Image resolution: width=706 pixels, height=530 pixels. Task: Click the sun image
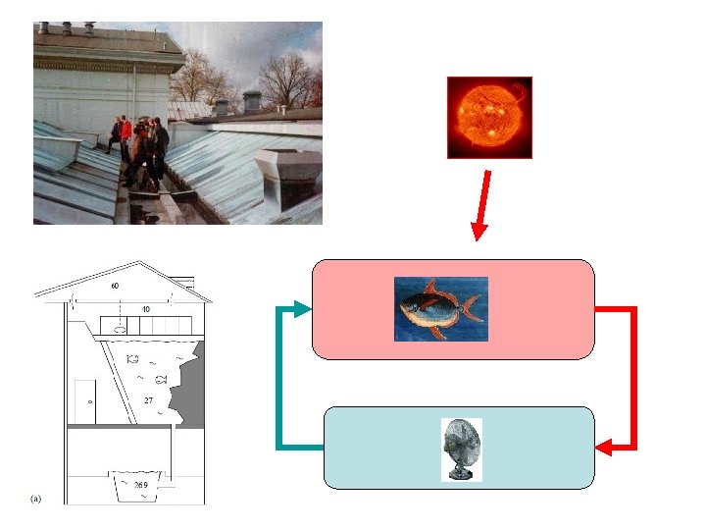click(x=489, y=117)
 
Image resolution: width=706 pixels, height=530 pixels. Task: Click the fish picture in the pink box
click(x=440, y=308)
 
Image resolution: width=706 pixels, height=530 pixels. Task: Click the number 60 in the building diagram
click(x=115, y=286)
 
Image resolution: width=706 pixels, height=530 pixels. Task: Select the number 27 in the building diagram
click(x=148, y=400)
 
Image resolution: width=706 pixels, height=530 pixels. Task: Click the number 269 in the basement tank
click(x=141, y=485)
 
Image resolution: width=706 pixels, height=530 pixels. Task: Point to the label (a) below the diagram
click(x=36, y=499)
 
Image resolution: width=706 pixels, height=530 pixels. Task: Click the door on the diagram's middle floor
click(x=86, y=401)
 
